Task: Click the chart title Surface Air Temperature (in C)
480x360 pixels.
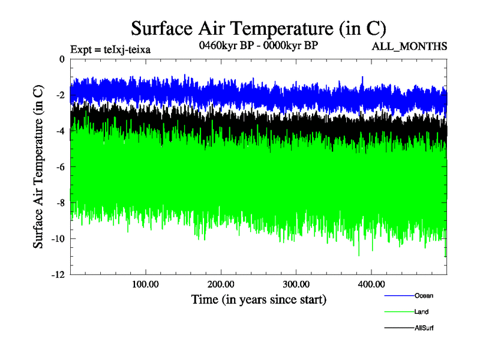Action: click(258, 29)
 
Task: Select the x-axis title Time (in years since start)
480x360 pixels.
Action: click(259, 299)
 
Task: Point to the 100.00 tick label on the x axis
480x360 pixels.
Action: click(145, 284)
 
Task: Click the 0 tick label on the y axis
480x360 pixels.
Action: click(62, 59)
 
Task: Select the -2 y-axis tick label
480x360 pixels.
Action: click(59, 95)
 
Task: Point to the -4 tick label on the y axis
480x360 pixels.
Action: click(59, 131)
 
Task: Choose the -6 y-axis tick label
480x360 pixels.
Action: click(59, 167)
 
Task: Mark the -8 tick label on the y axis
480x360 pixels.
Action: click(59, 203)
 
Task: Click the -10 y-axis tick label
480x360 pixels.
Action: click(58, 239)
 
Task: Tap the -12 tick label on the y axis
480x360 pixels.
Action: click(58, 274)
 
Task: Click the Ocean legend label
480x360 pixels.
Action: click(424, 296)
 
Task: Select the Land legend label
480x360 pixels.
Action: click(421, 312)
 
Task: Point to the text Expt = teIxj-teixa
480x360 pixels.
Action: click(110, 49)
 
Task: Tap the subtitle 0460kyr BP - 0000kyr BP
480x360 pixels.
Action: click(257, 45)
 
